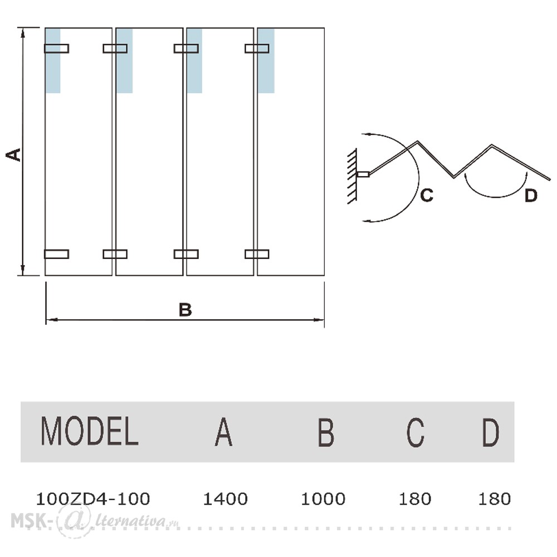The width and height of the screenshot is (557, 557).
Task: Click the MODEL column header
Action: (90, 431)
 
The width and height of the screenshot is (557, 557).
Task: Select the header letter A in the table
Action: (223, 432)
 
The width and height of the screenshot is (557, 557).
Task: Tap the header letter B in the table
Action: (326, 432)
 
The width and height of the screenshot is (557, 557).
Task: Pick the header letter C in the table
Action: (416, 432)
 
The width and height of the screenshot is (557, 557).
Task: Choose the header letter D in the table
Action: (491, 432)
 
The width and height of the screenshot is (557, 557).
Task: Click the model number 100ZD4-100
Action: (92, 499)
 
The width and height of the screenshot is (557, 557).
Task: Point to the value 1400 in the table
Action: (225, 499)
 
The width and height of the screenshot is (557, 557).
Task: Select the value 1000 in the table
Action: (323, 499)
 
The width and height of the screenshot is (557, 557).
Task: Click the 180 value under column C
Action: (415, 499)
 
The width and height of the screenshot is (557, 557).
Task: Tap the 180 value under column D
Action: (494, 499)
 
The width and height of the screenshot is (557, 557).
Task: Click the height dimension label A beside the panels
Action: (13, 154)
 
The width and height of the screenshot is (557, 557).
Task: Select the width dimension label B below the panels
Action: (185, 310)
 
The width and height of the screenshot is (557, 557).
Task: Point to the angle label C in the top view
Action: (427, 195)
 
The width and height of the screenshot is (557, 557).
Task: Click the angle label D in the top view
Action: (531, 196)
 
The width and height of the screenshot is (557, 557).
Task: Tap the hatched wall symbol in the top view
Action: (352, 177)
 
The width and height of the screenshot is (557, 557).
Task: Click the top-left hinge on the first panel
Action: (56, 48)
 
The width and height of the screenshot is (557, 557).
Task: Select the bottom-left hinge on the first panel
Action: (56, 254)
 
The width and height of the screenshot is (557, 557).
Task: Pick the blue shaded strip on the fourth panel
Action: (266, 61)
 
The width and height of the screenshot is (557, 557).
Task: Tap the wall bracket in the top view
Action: (363, 174)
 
